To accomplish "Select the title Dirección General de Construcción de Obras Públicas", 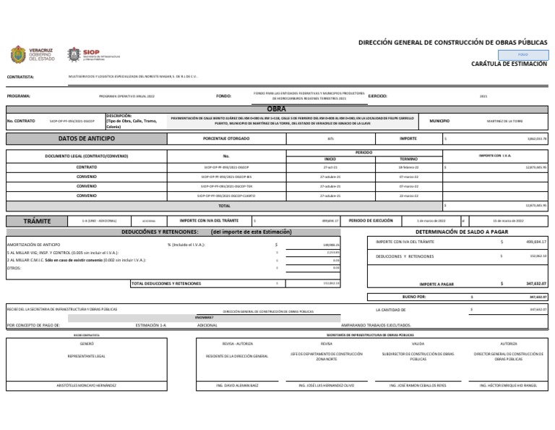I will pyautogui.click(x=452, y=43).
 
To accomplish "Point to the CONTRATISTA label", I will pyautogui.click(x=20, y=76).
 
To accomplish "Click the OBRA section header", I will pyautogui.click(x=277, y=109).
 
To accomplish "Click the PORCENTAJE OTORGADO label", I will pyautogui.click(x=226, y=138).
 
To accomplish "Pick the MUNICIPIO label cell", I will pyautogui.click(x=439, y=121).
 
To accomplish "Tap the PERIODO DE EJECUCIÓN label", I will pyautogui.click(x=370, y=220).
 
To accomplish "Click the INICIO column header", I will pyautogui.click(x=330, y=159).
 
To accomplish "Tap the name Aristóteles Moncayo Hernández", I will pyautogui.click(x=86, y=385).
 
